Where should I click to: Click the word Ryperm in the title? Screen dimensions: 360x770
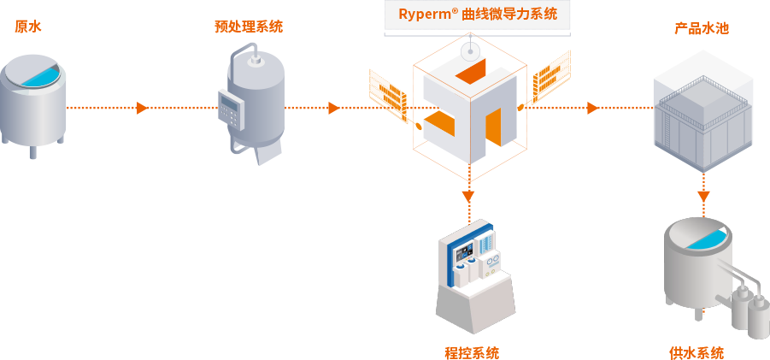[x=424, y=15]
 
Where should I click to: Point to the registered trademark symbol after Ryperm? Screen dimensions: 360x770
[x=455, y=10]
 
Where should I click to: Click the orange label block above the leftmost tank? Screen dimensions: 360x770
[x=28, y=27]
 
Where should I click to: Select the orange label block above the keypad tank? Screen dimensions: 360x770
[x=249, y=27]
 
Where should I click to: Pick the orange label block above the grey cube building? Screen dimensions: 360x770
[x=702, y=28]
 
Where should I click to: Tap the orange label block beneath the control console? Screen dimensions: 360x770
[x=472, y=353]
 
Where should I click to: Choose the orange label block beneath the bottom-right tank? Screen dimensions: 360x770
[x=697, y=353]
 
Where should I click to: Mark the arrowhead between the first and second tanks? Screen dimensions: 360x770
[x=142, y=108]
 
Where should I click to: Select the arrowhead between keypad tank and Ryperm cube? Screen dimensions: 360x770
[x=333, y=108]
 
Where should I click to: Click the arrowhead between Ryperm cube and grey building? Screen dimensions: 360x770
[x=591, y=108]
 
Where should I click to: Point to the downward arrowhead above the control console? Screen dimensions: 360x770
[x=467, y=196]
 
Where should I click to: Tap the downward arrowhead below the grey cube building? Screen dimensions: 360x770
[x=703, y=196]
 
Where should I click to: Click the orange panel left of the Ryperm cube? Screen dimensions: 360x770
[x=387, y=91]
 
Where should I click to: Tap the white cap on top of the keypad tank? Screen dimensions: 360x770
[x=255, y=60]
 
